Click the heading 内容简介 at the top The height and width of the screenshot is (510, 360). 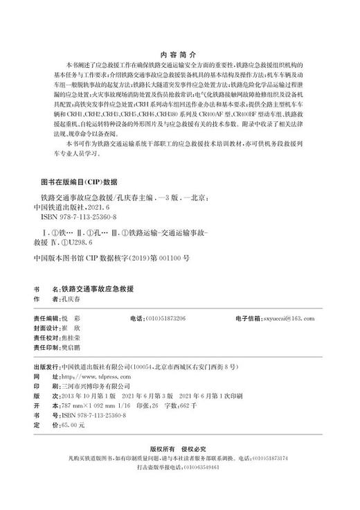pyautogui.click(x=179, y=51)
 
